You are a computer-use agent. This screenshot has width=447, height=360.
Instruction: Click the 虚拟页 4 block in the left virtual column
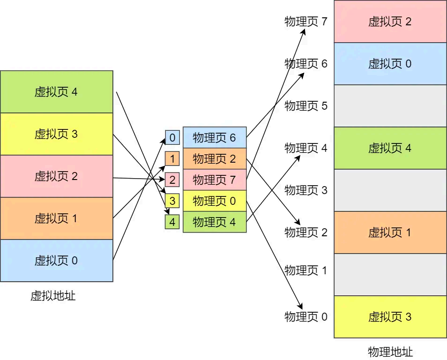click(x=56, y=92)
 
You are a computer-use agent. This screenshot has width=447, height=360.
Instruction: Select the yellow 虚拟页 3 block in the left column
click(x=56, y=134)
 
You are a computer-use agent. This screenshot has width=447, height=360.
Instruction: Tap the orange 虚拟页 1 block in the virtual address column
click(x=56, y=218)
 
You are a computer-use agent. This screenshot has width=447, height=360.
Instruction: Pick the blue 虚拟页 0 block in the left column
click(x=56, y=261)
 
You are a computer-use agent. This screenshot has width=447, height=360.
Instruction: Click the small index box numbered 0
click(x=172, y=138)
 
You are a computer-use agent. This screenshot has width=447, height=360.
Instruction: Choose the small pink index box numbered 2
click(x=172, y=180)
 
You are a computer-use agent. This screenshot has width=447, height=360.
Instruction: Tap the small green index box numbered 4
click(x=172, y=222)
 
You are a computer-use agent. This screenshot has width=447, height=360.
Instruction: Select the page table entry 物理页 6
click(x=214, y=138)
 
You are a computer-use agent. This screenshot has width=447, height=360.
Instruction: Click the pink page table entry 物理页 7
click(x=214, y=180)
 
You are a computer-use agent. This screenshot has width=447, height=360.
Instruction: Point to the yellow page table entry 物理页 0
click(x=214, y=201)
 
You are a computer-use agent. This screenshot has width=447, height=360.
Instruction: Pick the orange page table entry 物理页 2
click(x=214, y=159)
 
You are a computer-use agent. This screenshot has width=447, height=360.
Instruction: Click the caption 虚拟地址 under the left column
click(x=53, y=296)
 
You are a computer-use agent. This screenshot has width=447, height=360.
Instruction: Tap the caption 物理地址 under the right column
click(x=390, y=352)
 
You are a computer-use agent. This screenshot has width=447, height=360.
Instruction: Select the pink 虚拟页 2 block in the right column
click(x=390, y=22)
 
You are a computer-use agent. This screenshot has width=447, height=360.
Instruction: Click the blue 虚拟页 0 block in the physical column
click(x=390, y=64)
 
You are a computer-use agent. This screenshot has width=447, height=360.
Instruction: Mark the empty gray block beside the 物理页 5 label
click(x=390, y=106)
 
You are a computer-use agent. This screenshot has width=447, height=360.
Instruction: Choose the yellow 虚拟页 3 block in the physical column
click(x=390, y=317)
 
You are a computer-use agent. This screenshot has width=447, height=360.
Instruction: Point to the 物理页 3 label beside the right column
click(x=306, y=190)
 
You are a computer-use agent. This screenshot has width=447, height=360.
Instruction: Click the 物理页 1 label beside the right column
click(x=306, y=270)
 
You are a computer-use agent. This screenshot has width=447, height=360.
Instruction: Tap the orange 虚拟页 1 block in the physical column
click(x=390, y=232)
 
